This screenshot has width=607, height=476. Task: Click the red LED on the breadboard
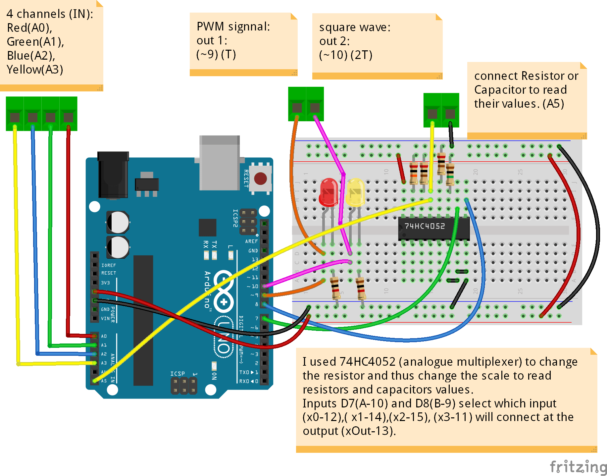[x=329, y=192]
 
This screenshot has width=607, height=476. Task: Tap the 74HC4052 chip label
[x=425, y=226]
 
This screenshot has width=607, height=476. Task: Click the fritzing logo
[x=578, y=467]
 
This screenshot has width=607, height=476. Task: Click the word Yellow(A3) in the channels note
[x=35, y=70]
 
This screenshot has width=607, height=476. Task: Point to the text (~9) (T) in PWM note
[x=216, y=54]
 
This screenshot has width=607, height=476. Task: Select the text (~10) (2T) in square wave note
[x=345, y=55]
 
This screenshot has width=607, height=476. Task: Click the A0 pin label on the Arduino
[x=104, y=336]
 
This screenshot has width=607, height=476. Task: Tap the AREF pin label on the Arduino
[x=251, y=241]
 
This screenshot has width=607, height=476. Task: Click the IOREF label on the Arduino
[x=109, y=265]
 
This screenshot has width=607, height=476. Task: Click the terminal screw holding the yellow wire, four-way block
[x=15, y=117]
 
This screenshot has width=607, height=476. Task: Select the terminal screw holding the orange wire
[x=297, y=108]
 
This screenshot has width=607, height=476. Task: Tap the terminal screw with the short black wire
[x=450, y=114]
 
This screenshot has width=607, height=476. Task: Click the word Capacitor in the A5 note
[x=500, y=90]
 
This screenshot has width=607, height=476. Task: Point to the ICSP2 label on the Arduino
[x=235, y=218]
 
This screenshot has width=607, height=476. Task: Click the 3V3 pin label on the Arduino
[x=105, y=283]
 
